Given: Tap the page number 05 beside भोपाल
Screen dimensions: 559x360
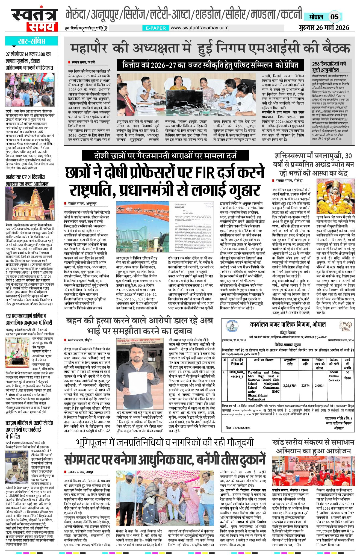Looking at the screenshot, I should (334, 17).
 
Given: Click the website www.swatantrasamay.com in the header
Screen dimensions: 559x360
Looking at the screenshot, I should (199, 28).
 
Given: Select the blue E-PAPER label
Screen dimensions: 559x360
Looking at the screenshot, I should (155, 28).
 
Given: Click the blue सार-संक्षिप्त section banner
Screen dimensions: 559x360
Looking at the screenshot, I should (31, 42).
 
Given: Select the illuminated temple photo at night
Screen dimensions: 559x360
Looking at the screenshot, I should (30, 205).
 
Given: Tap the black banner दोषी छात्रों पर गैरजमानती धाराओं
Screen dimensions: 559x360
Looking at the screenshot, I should (166, 156).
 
